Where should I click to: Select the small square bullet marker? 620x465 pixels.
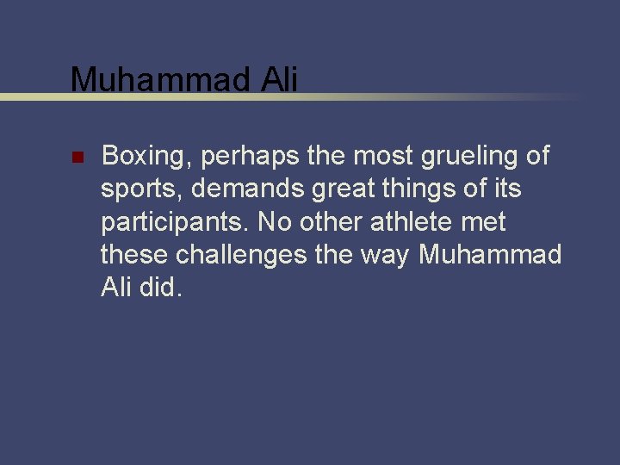(x=76, y=158)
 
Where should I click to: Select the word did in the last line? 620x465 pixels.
(x=159, y=288)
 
